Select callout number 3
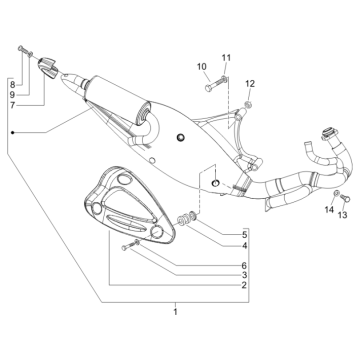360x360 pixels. click(242, 274)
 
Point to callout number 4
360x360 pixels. click(242, 245)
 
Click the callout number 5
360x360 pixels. click(242, 233)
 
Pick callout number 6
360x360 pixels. click(242, 263)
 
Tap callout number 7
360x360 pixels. click(12, 104)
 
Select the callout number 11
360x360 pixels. click(226, 57)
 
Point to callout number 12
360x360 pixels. click(251, 83)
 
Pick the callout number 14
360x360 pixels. click(328, 210)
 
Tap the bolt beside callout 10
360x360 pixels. click(212, 80)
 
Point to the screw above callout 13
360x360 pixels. click(337, 195)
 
